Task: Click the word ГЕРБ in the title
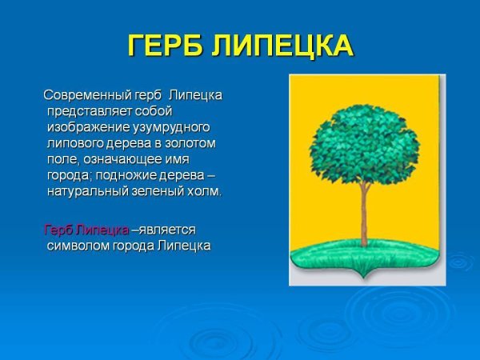[x=166, y=46]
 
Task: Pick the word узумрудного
[x=171, y=127]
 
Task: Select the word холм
[x=206, y=192]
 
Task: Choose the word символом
[x=82, y=246]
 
